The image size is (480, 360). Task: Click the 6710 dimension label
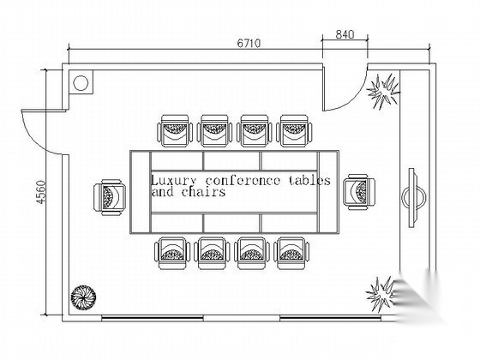click(249, 43)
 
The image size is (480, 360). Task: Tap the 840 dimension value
click(345, 34)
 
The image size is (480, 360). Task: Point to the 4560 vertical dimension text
click(41, 192)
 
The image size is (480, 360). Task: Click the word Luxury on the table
click(173, 180)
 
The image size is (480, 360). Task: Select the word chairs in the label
click(204, 192)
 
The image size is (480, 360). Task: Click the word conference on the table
click(243, 180)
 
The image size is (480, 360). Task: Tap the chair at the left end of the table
click(110, 197)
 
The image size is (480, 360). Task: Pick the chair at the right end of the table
click(359, 192)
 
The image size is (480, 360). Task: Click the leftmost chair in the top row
click(175, 131)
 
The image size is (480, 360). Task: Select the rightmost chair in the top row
click(294, 131)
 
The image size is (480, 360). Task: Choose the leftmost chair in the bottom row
click(172, 253)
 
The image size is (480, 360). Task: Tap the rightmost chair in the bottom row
click(291, 253)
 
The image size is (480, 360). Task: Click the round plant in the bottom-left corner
click(83, 297)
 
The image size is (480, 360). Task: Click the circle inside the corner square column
click(81, 83)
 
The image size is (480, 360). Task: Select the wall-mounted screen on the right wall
click(413, 198)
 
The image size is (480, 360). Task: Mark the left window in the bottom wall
click(153, 318)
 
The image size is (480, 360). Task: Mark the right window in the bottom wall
click(330, 318)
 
